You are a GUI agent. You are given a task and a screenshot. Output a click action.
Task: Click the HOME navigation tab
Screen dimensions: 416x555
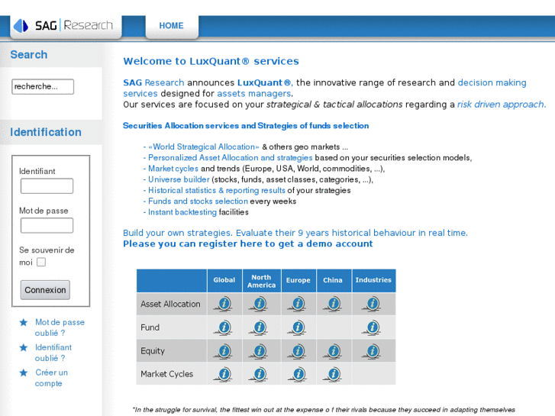click(171, 26)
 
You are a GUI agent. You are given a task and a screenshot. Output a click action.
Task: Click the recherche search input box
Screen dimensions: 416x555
click(43, 86)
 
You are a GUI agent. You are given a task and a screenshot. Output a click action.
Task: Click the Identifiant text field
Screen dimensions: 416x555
click(47, 186)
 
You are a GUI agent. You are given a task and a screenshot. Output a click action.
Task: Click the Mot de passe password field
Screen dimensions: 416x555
click(47, 225)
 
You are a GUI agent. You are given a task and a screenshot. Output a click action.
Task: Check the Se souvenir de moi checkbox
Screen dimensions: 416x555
click(41, 262)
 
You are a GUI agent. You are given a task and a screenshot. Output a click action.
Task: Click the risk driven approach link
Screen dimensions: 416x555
click(501, 105)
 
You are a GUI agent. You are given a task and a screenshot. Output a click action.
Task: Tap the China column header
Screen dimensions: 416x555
click(333, 280)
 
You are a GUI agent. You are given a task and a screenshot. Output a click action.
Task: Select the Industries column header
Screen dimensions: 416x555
click(373, 280)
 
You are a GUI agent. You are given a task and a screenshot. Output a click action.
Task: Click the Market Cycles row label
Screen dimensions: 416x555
click(167, 374)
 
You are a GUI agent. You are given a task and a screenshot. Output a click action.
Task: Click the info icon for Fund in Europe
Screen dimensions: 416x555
click(297, 327)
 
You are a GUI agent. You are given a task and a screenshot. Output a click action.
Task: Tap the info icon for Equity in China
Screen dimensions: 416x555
click(333, 351)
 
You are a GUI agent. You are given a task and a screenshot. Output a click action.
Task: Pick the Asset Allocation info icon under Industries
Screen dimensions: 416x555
click(373, 304)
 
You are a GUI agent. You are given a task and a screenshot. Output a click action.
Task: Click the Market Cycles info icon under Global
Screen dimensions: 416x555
click(224, 374)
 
